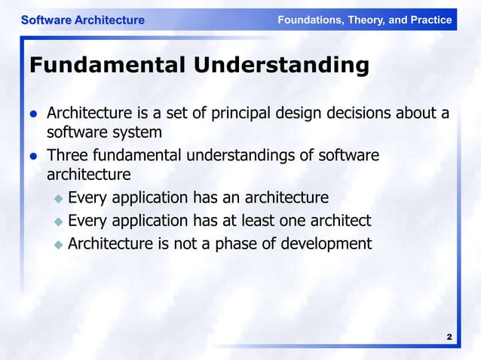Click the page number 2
[x=449, y=337]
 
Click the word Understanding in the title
[x=281, y=66]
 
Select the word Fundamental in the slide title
[x=106, y=66]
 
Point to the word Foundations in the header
[x=309, y=20]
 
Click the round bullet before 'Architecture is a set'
[x=33, y=114]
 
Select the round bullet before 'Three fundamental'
[x=33, y=157]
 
